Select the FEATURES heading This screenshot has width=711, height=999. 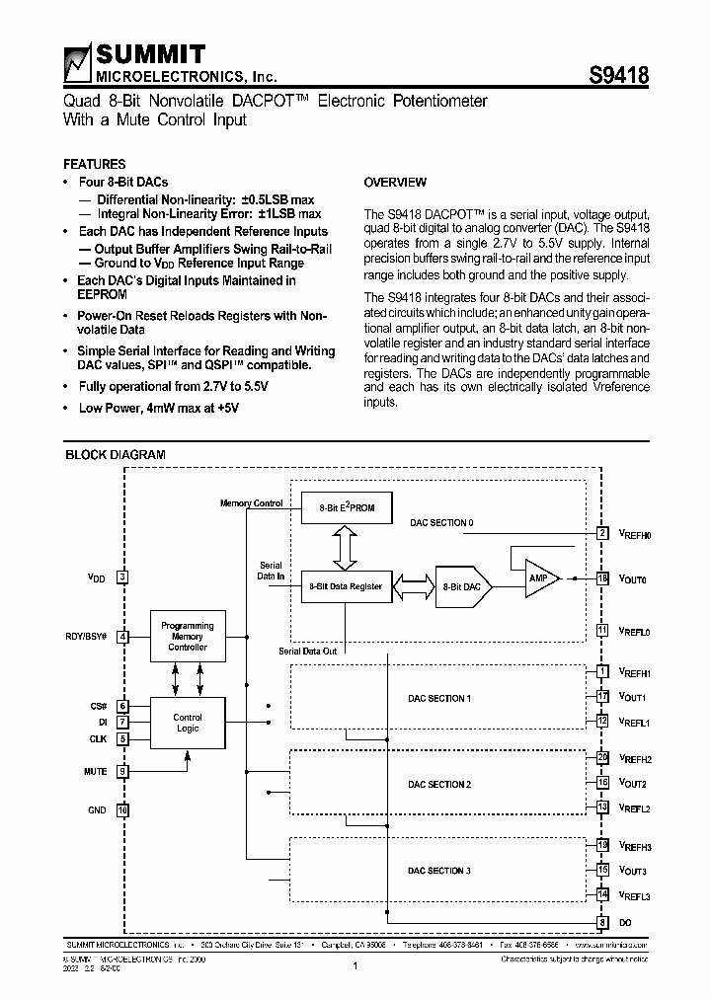[94, 164]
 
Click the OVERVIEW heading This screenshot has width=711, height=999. [395, 183]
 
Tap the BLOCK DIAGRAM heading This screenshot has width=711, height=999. [115, 455]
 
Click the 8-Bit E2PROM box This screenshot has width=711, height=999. [345, 507]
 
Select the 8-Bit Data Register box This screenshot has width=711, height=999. [345, 586]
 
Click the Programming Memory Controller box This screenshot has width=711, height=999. [188, 637]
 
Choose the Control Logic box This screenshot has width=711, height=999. [188, 723]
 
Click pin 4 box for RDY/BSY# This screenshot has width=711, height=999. [122, 637]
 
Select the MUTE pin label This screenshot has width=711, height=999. [96, 771]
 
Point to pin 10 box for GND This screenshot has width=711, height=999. [122, 810]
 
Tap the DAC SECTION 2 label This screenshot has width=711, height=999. [439, 785]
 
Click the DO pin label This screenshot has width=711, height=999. [625, 922]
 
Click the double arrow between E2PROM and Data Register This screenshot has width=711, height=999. [345, 547]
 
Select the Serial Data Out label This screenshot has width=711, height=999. [308, 652]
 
